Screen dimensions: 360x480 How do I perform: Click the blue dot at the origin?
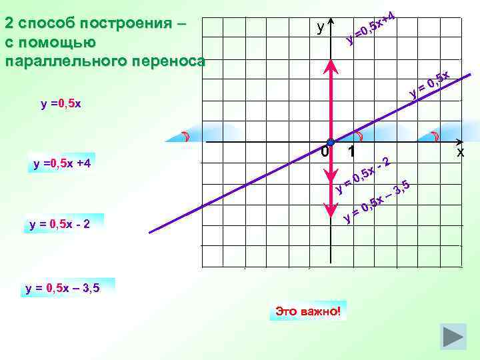(330, 143)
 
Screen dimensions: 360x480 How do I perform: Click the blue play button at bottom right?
(454, 335)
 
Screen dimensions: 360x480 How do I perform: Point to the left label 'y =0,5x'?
(61, 104)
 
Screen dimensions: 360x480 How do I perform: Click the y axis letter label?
(321, 27)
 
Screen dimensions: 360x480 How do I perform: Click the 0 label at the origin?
(323, 153)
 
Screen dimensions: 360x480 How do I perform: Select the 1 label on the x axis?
(350, 153)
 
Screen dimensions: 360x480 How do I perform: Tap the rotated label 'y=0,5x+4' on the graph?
(372, 28)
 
